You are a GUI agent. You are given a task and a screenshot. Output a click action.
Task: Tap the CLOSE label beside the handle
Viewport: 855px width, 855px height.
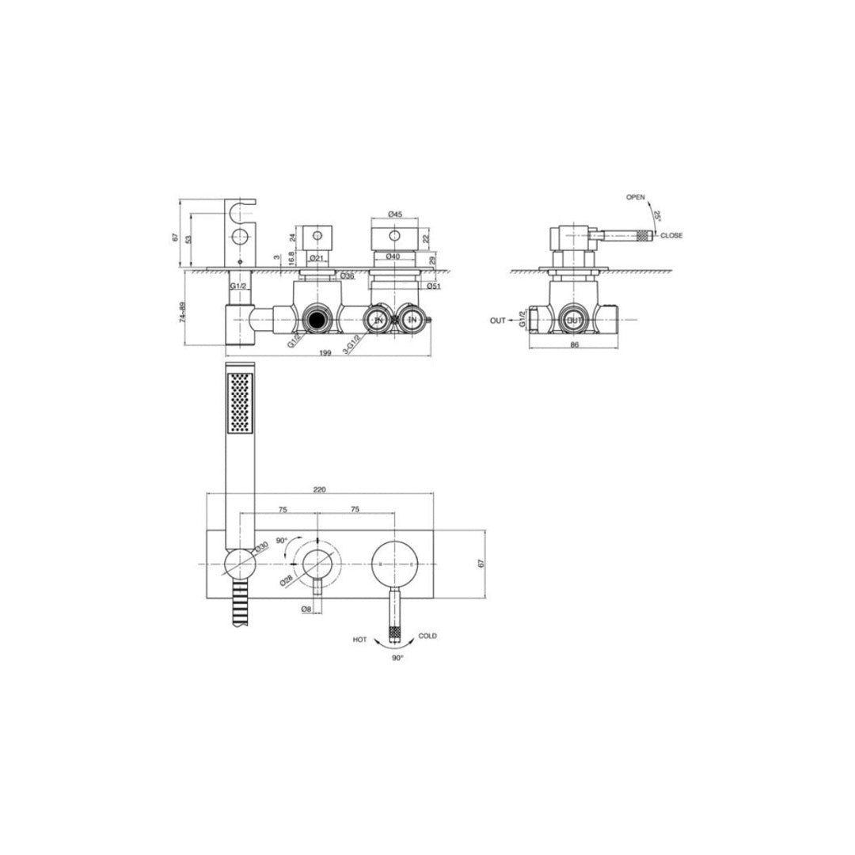click(671, 235)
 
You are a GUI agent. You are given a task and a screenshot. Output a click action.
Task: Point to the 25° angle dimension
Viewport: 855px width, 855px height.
click(655, 215)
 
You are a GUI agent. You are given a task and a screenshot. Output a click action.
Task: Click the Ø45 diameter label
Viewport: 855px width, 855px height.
click(397, 214)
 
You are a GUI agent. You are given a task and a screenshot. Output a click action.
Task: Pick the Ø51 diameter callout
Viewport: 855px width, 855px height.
click(433, 286)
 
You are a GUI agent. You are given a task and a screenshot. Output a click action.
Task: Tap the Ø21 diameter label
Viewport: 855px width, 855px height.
click(314, 258)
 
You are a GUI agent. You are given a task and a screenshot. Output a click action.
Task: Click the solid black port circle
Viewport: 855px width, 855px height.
click(317, 320)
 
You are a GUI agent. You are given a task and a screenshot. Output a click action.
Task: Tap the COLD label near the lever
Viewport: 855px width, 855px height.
click(427, 636)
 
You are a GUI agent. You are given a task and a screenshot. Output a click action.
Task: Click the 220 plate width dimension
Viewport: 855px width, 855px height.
click(320, 490)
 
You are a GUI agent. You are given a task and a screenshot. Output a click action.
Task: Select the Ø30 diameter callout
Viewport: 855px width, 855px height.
click(261, 547)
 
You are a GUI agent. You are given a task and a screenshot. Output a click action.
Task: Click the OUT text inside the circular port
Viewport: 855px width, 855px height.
click(574, 320)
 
